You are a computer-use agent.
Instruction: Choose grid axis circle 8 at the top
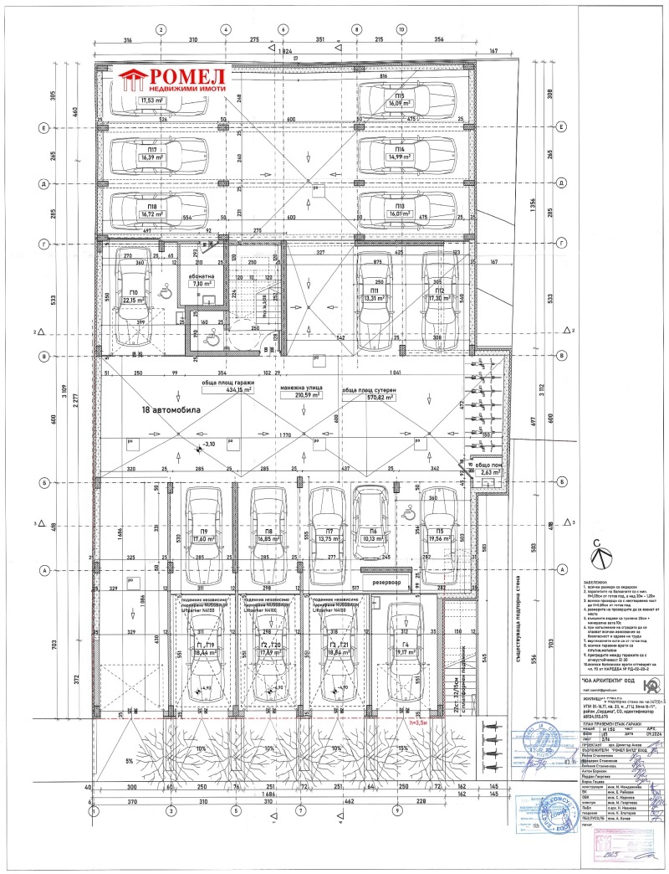coord(357,29)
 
